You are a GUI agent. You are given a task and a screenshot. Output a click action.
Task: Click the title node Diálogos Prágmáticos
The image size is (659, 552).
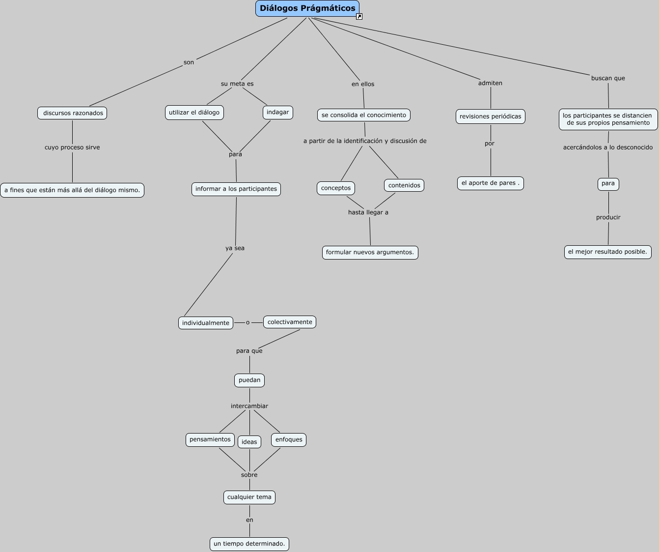[x=307, y=8]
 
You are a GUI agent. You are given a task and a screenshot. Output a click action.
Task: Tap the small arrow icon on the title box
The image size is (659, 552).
[x=359, y=17]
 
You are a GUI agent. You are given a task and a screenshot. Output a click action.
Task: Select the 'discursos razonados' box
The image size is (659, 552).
[x=72, y=113]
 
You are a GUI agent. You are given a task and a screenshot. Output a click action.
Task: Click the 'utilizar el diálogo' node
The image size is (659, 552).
[x=194, y=113]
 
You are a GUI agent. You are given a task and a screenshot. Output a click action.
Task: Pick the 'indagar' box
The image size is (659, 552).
[x=278, y=112]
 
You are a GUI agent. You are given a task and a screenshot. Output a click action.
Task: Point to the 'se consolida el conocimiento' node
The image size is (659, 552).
[x=364, y=115]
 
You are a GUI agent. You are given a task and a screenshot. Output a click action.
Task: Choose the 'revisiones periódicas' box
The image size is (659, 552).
[x=491, y=116]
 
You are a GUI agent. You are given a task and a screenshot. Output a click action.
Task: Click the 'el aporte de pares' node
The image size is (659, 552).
[x=491, y=183]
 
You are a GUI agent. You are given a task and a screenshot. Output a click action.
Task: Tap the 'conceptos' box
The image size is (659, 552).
[x=336, y=188]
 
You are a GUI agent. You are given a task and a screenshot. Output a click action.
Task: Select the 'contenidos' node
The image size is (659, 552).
[x=404, y=185]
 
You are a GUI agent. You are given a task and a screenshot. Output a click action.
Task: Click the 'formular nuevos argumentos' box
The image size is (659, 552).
[x=370, y=253]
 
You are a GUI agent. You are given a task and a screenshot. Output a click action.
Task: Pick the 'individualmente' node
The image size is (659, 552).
[x=206, y=323]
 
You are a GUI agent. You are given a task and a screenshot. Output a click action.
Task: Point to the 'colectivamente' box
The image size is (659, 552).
[x=290, y=322]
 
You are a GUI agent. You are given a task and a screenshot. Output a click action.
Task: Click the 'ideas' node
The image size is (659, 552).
[x=249, y=442]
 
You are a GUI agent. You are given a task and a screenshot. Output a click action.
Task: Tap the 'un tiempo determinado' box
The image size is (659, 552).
[x=249, y=544]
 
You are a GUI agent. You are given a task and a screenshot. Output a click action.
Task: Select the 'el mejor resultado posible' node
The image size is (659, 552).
[x=608, y=252]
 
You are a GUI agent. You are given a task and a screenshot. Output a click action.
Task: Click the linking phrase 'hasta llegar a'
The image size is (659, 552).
[x=368, y=212]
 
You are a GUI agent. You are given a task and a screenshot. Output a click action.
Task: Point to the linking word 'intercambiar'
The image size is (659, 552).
[x=249, y=406]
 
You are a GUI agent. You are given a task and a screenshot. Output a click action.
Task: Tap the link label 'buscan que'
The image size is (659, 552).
[x=608, y=78]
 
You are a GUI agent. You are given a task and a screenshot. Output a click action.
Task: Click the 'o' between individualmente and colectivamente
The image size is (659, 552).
[x=248, y=322]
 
